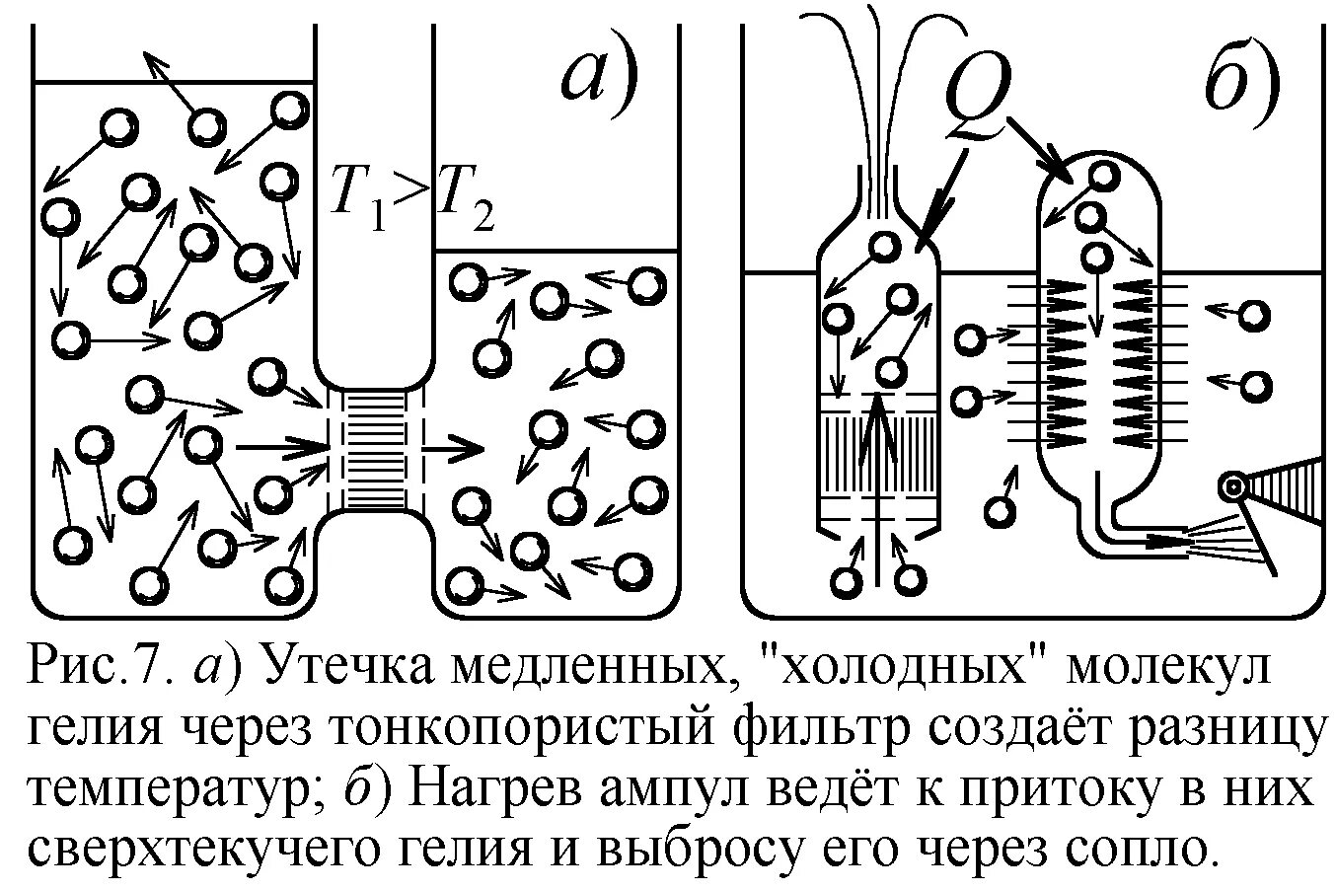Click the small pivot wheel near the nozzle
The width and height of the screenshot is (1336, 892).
(x=1230, y=484)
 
